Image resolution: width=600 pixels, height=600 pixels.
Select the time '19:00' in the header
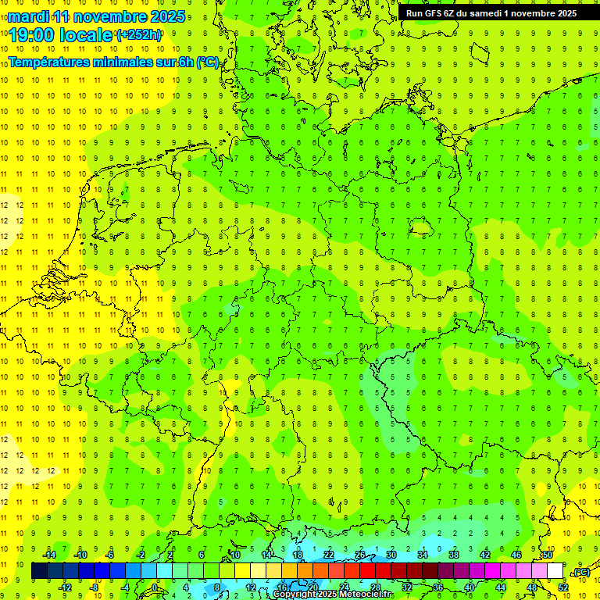pyautogui.click(x=35, y=35)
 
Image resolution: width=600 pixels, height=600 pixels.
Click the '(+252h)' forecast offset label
pyautogui.click(x=138, y=35)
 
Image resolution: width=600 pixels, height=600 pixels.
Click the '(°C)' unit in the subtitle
pyautogui.click(x=207, y=62)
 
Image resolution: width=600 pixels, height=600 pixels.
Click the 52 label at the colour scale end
pyautogui.click(x=563, y=587)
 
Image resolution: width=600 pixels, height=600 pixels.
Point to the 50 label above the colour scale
pyautogui.click(x=548, y=555)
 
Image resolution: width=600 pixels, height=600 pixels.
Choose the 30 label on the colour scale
pyautogui.click(x=391, y=555)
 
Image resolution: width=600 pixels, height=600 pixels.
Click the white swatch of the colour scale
pyautogui.click(x=555, y=571)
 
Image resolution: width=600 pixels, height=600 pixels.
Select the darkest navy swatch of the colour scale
pyautogui.click(x=40, y=571)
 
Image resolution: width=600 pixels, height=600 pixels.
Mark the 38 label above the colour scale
pyautogui.click(x=454, y=555)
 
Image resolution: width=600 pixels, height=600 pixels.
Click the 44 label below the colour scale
pyautogui.click(x=501, y=587)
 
